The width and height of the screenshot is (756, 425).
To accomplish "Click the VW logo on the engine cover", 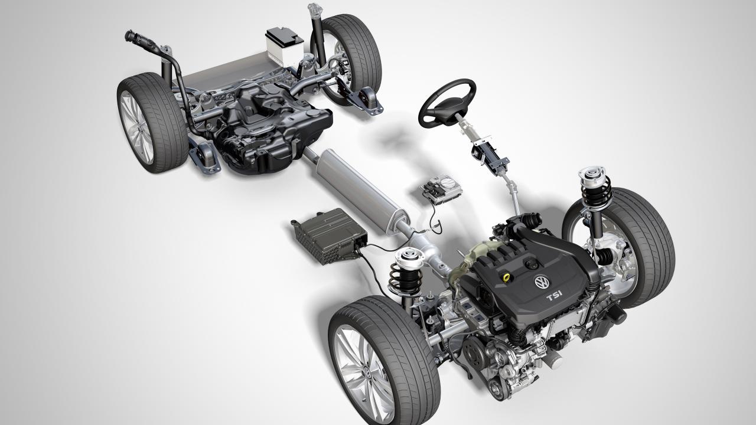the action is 542,282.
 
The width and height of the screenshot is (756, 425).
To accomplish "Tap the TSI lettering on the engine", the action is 554,296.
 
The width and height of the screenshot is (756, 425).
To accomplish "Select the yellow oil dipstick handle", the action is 506,277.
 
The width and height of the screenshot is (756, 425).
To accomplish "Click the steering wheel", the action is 447,103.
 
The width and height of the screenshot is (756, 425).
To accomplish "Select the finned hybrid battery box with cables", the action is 328,236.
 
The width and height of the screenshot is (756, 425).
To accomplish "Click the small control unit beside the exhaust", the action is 441,189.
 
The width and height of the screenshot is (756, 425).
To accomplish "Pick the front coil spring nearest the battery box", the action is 405,277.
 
